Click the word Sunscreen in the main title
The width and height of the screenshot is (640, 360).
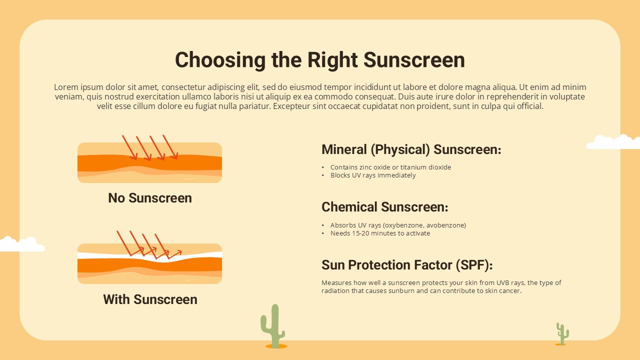click(x=414, y=60)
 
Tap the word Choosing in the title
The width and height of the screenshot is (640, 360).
click(x=220, y=60)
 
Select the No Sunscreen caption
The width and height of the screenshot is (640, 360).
click(x=150, y=198)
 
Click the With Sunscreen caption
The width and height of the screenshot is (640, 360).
click(x=150, y=299)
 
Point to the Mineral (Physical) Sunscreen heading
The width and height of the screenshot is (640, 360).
click(x=411, y=149)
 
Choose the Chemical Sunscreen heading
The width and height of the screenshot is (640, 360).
click(x=385, y=207)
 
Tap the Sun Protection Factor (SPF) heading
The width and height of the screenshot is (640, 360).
click(x=407, y=265)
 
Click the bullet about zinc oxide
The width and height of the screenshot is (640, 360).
click(x=390, y=167)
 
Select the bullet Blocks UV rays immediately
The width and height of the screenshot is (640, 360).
click(x=373, y=175)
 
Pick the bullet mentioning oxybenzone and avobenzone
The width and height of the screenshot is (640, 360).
click(x=398, y=225)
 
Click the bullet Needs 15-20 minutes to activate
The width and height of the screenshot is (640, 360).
click(x=380, y=233)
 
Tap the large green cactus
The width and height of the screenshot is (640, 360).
click(x=273, y=326)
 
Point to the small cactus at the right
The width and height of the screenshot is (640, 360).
click(x=562, y=334)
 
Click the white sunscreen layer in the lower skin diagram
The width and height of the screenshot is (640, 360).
click(x=149, y=256)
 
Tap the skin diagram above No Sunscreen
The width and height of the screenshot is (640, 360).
click(x=149, y=162)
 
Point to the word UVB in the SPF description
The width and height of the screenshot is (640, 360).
click(x=503, y=283)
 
